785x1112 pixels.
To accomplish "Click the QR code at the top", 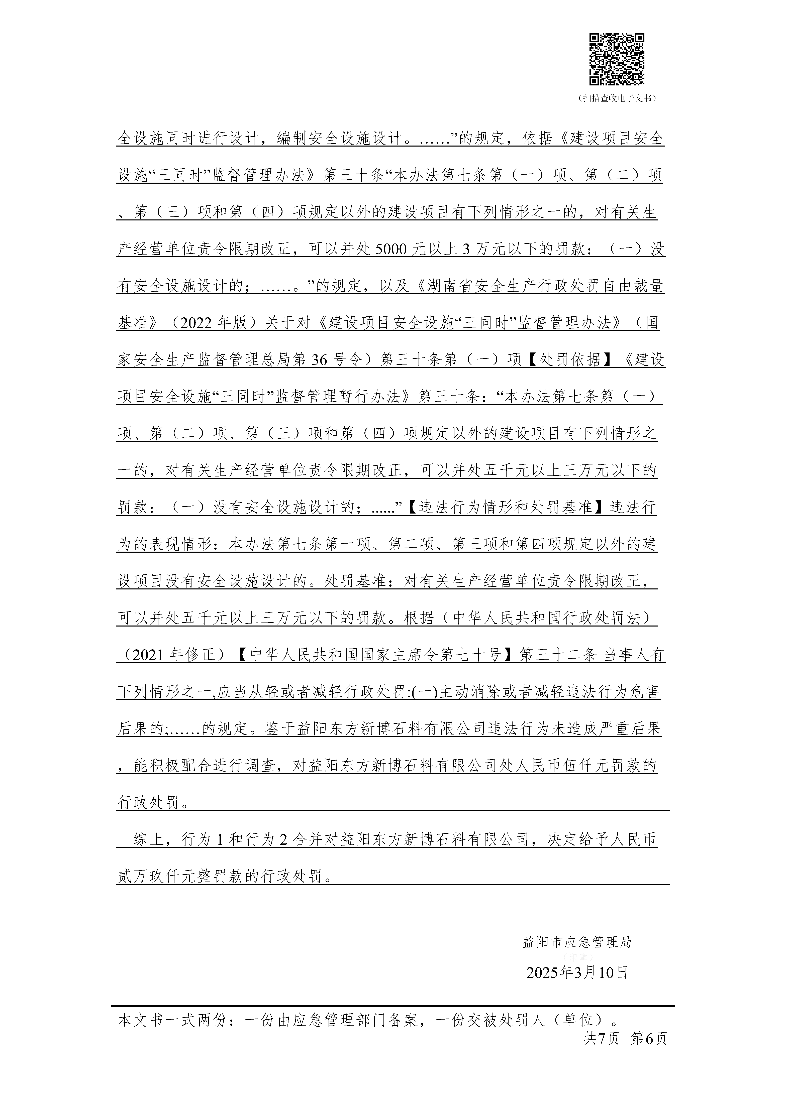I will click(x=616, y=60).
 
